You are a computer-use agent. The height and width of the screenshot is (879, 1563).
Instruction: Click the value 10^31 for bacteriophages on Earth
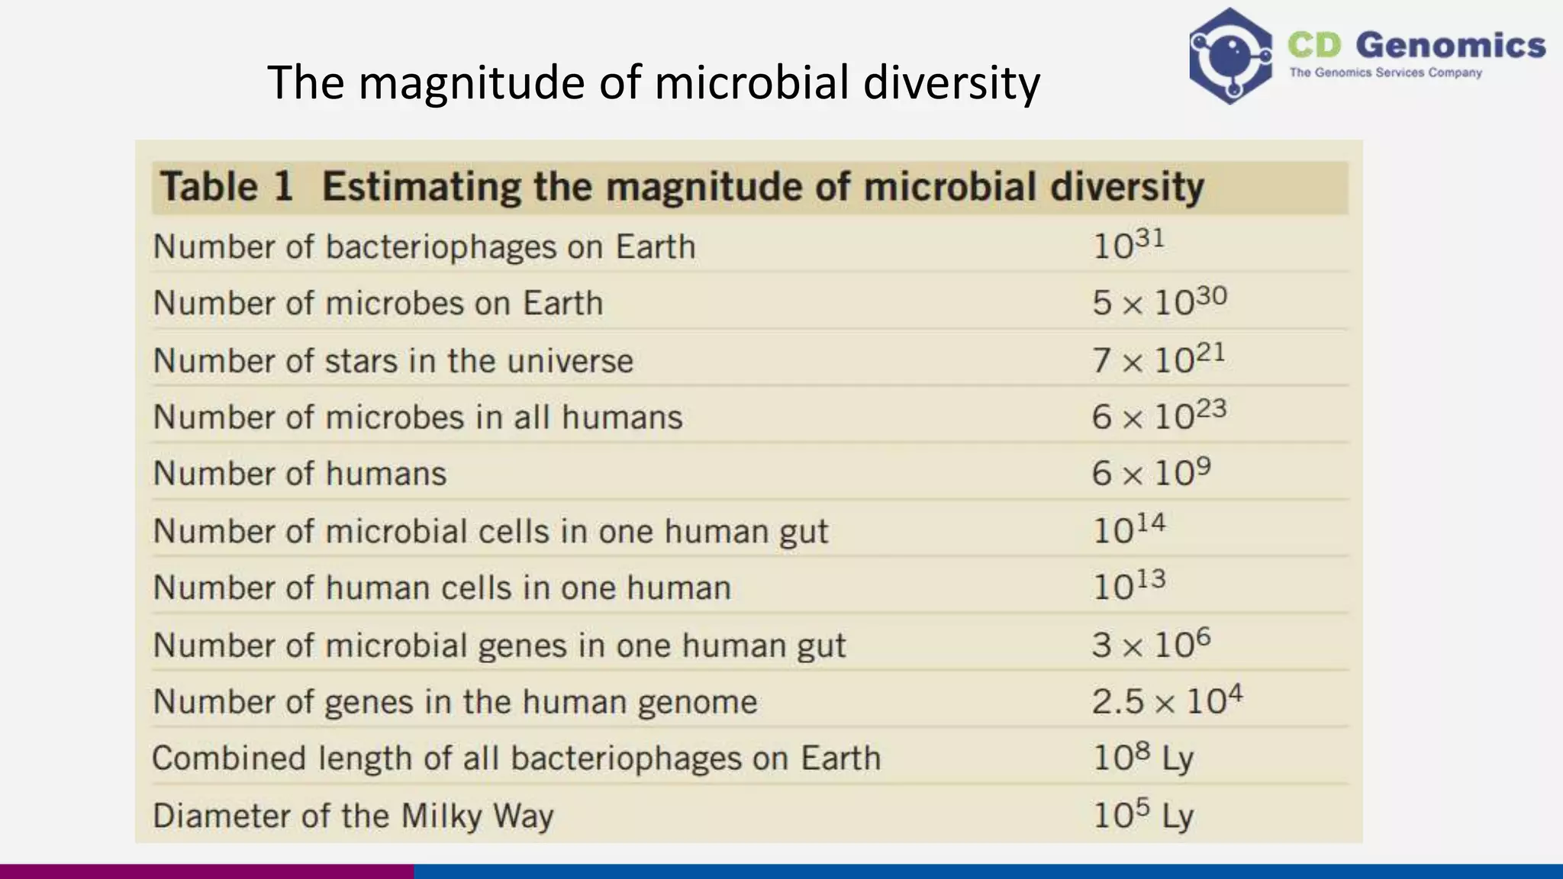1128,245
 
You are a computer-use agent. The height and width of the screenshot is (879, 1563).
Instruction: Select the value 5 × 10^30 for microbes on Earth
1159,302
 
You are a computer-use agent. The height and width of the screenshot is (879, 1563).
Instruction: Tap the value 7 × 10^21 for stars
1158,359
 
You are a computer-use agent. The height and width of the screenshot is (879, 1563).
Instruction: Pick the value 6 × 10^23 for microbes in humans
1158,416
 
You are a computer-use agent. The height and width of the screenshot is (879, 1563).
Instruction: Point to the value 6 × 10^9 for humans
1150,472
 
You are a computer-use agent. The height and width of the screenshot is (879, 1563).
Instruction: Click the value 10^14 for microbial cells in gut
1129,530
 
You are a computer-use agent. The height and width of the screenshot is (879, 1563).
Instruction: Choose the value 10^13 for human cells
1129,586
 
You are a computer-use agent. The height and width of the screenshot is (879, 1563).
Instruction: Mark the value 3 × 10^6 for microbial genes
1150,644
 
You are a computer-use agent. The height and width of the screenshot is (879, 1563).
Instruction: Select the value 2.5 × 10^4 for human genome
1166,700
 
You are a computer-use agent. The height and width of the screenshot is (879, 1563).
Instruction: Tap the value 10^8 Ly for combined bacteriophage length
1142,758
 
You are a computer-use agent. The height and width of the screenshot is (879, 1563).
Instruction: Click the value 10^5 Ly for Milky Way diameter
1142,815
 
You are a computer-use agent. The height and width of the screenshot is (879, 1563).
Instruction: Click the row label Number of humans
299,473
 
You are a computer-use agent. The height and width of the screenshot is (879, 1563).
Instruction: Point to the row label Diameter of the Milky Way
353,816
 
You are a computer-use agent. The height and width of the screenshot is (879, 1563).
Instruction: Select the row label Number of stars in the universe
393,360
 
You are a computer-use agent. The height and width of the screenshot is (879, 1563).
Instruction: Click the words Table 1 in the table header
227,187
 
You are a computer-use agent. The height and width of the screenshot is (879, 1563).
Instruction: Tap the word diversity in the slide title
951,82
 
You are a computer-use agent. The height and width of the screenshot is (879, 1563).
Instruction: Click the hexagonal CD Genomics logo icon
1229,56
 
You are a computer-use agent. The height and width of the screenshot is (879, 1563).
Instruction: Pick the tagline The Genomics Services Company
1385,73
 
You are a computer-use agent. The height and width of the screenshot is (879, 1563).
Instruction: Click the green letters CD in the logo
1314,45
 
